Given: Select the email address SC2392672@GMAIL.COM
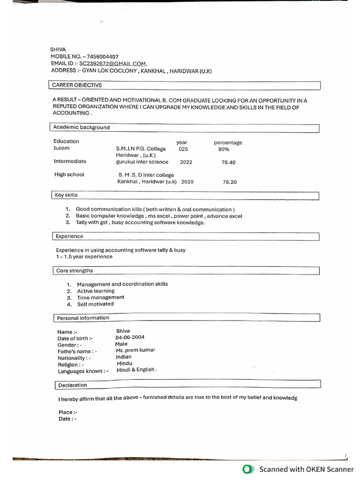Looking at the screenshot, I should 112,64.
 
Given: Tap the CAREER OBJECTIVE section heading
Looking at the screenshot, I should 77,85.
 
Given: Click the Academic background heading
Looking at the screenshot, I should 82,127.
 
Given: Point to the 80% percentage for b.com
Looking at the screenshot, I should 224,149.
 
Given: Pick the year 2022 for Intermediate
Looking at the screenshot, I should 186,162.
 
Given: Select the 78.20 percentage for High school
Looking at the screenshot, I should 230,182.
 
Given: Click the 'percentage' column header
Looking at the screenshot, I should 228,142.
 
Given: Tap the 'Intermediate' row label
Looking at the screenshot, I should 70,161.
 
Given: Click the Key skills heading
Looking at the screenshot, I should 67,195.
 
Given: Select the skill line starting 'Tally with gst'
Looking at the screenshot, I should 140,223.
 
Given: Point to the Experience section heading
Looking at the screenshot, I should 69,236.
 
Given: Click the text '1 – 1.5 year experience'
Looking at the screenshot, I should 84,256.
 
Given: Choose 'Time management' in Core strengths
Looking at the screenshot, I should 101,297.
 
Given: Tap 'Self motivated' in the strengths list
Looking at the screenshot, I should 95,304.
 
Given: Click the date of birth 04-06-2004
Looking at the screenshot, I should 130,337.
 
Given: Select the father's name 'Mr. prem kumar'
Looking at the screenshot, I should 135,350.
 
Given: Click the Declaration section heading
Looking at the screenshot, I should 73,385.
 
